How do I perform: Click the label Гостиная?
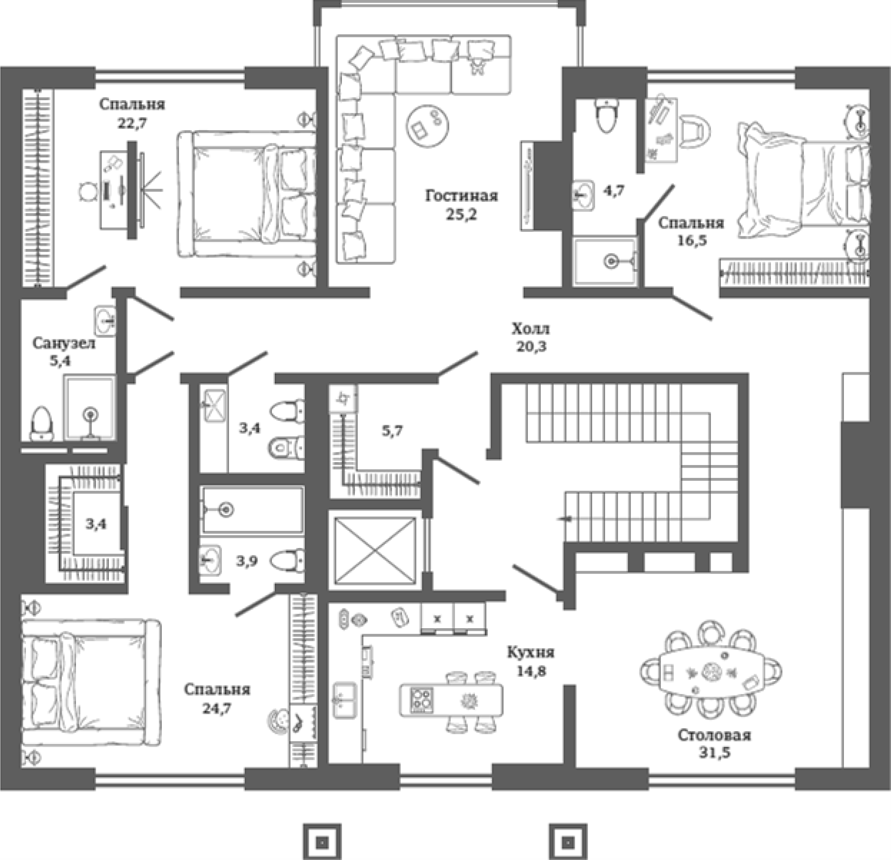[461, 196]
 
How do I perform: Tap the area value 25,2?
[461, 215]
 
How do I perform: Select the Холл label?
[531, 329]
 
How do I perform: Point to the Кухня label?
[531, 652]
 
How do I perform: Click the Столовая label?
[714, 735]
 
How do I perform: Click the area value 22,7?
[132, 124]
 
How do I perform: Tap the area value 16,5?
[692, 241]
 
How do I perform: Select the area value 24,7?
[217, 708]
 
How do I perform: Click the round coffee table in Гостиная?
[427, 124]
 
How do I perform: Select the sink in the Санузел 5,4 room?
[106, 321]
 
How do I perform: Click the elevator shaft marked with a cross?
[375, 550]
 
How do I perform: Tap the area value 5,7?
[392, 432]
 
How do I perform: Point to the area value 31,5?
[714, 753]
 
